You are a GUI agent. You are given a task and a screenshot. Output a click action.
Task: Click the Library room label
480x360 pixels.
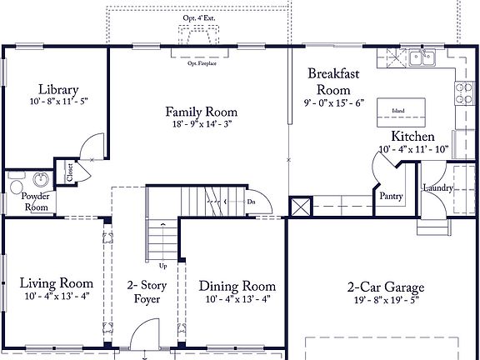pyautogui.click(x=57, y=90)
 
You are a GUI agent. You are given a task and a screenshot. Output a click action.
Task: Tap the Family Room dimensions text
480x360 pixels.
pyautogui.click(x=201, y=124)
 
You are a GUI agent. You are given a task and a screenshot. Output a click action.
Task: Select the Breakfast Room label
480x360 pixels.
pyautogui.click(x=333, y=81)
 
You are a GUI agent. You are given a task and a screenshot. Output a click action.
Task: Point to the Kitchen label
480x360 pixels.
pyautogui.click(x=412, y=137)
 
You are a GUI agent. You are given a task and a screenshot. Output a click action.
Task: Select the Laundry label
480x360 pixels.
pyautogui.click(x=437, y=188)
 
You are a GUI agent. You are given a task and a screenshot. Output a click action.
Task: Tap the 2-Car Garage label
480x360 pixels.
pyautogui.click(x=383, y=286)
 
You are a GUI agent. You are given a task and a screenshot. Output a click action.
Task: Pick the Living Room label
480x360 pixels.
pyautogui.click(x=56, y=283)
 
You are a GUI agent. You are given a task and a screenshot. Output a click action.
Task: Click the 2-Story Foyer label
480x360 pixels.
pyautogui.click(x=147, y=292)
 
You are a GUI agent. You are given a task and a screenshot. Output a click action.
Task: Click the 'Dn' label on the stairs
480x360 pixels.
pyautogui.click(x=250, y=201)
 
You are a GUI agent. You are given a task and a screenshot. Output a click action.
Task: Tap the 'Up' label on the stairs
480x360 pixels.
pyautogui.click(x=162, y=267)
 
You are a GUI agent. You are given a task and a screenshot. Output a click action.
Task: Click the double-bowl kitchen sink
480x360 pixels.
pyautogui.click(x=421, y=57)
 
